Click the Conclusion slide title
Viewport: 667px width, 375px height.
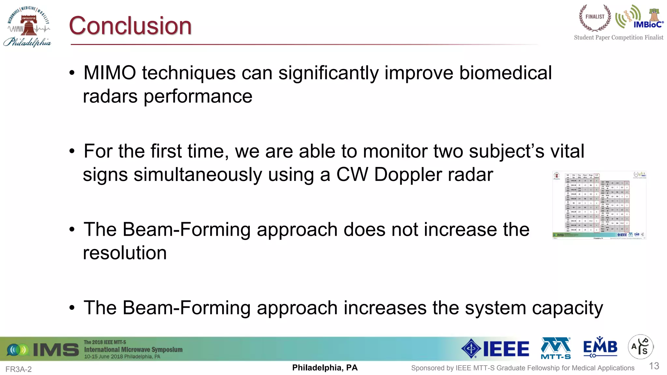[130, 26]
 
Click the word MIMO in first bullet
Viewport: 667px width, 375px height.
[110, 73]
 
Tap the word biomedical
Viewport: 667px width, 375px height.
[505, 73]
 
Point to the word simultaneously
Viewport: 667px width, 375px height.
[198, 175]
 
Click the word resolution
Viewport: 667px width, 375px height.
[125, 253]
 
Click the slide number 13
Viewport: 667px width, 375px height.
[654, 366]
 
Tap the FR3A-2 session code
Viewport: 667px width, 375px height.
[19, 369]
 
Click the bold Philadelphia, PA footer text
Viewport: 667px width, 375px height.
[325, 368]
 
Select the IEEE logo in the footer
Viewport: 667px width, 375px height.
[495, 349]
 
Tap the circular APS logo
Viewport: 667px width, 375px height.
[640, 347]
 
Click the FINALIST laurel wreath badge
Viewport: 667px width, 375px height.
[595, 18]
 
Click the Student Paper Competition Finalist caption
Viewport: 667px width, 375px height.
[618, 37]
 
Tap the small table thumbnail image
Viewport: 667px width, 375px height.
[599, 205]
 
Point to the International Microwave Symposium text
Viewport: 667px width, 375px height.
[133, 350]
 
